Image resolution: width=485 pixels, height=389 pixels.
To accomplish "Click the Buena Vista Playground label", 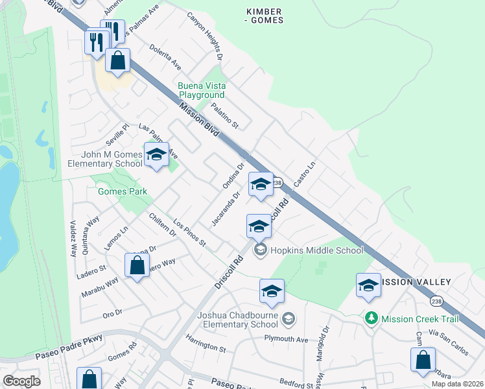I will coord(201,90).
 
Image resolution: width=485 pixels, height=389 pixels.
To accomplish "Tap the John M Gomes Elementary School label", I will coord(105,159).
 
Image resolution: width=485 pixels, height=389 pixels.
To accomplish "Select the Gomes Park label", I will coord(122,191).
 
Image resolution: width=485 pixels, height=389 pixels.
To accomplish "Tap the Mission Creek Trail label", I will coord(420,319).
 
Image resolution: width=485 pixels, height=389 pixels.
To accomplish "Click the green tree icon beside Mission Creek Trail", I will coord(371,318).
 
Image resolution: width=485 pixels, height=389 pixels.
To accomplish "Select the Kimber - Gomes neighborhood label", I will coord(265,16).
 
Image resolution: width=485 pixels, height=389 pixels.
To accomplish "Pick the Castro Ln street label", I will coord(304,175).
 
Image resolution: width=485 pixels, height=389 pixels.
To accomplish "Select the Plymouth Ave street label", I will coord(285,339).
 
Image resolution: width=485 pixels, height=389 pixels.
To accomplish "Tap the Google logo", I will coord(22,381).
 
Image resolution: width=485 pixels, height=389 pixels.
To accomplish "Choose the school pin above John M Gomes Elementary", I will coord(156,156).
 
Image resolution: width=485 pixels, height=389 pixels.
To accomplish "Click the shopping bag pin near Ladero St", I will coord(137,266).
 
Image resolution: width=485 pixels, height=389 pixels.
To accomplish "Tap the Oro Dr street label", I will coord(112,313).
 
